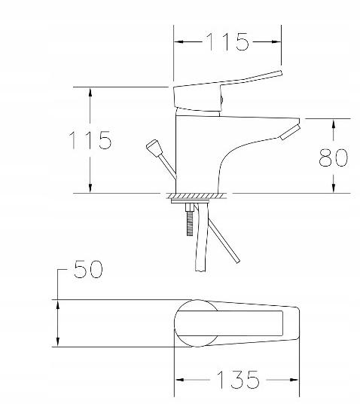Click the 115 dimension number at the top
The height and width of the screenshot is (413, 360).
coord(229,42)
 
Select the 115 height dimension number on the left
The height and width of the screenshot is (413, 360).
coord(91,140)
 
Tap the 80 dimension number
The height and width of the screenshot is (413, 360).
coord(333,157)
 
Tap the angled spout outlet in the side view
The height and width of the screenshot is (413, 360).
coord(289,133)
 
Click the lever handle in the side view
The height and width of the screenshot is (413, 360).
coord(233,83)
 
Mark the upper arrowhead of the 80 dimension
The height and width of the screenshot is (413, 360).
coord(334,123)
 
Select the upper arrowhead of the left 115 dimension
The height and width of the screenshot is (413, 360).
coord(90,92)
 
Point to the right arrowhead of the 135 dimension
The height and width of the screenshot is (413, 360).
coord(297,380)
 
